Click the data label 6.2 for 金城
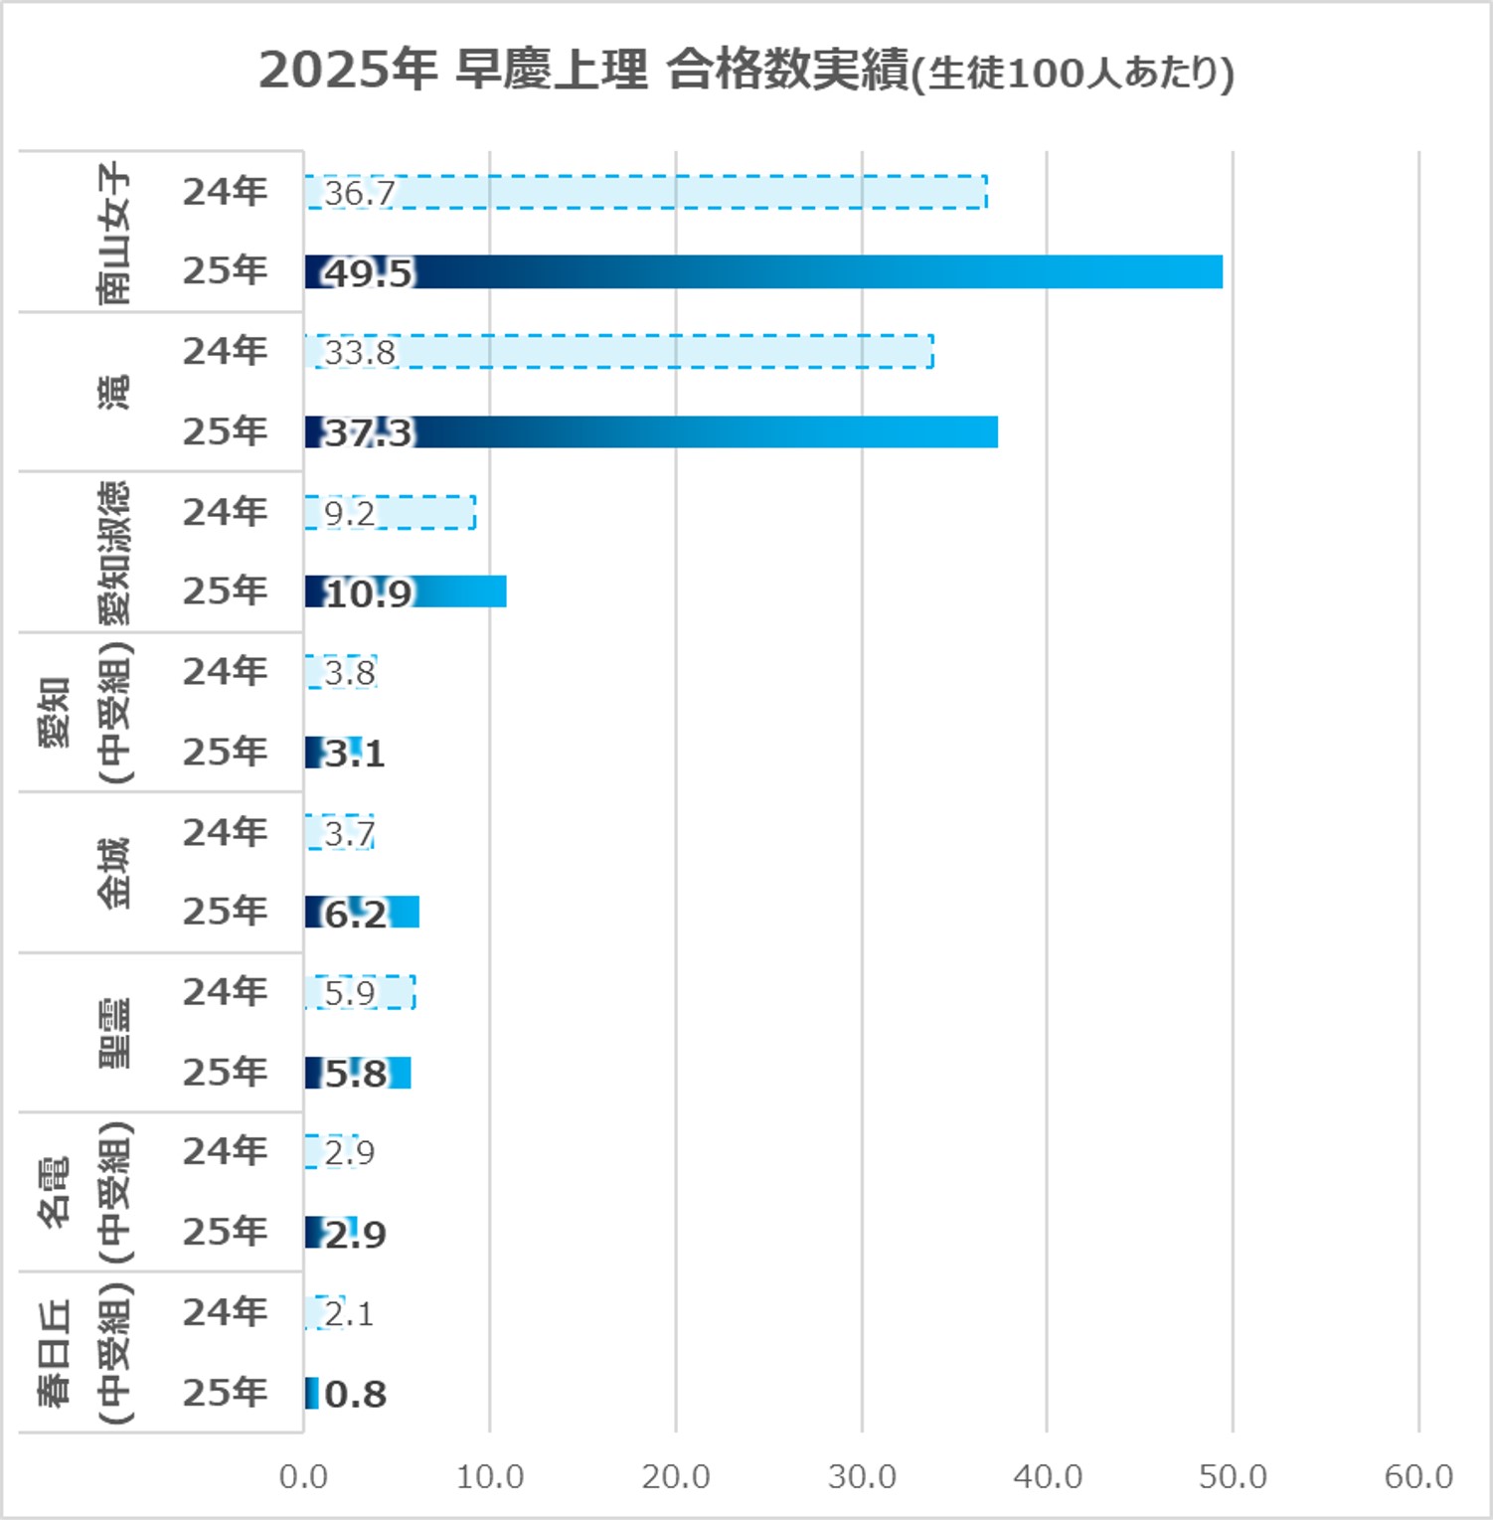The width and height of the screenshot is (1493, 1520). [x=356, y=914]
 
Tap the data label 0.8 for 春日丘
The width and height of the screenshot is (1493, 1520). [x=355, y=1394]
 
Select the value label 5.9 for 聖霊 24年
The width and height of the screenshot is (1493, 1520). [x=350, y=993]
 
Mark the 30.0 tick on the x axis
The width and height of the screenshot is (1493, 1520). [x=862, y=1476]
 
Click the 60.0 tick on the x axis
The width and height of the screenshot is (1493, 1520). [x=1418, y=1476]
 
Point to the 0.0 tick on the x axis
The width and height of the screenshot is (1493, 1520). [x=303, y=1476]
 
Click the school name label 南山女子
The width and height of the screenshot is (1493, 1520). [x=113, y=233]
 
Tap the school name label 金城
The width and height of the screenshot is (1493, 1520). [x=113, y=873]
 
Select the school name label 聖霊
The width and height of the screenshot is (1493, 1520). [x=113, y=1033]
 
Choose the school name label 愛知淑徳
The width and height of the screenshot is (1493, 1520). [x=113, y=553]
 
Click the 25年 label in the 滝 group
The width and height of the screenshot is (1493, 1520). [x=226, y=431]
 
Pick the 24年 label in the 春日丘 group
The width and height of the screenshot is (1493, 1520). [x=226, y=1312]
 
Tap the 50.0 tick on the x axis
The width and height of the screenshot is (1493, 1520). [x=1233, y=1476]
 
